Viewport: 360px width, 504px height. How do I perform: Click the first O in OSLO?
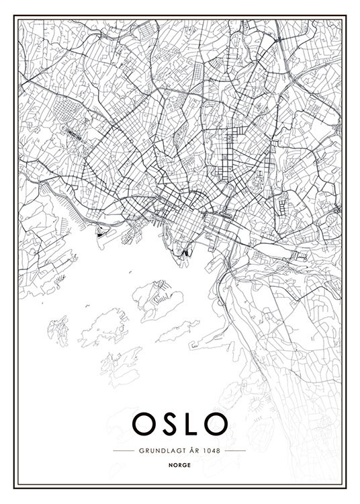(x=144, y=423)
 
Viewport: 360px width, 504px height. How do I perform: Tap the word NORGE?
(x=180, y=464)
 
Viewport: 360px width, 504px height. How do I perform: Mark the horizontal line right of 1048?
(x=236, y=450)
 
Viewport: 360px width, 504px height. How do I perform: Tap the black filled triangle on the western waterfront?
(x=101, y=235)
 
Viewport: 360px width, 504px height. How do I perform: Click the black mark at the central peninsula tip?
(x=185, y=253)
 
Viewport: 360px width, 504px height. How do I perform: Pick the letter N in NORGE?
(x=173, y=464)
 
